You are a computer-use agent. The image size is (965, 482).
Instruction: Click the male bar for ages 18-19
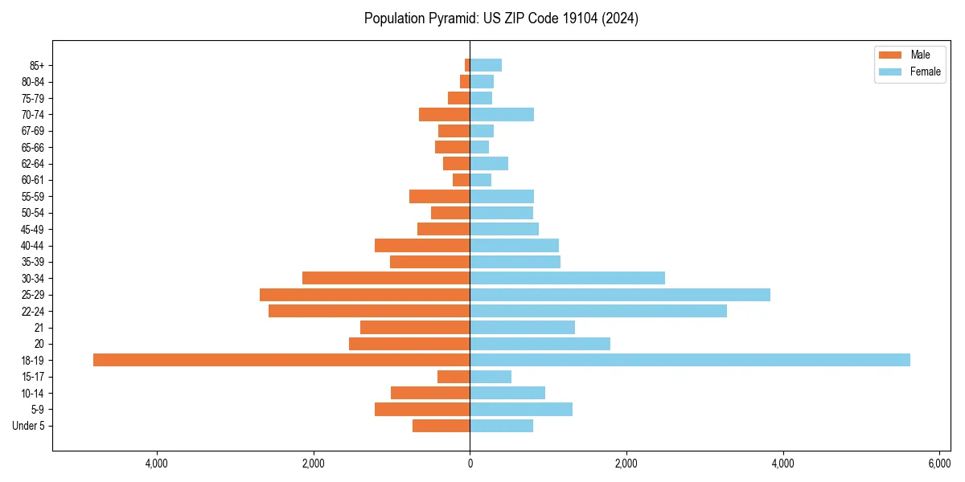click(281, 360)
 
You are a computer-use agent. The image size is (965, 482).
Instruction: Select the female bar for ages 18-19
click(690, 360)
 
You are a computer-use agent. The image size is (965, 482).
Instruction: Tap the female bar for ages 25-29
click(620, 295)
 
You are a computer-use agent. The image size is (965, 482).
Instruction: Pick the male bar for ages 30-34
click(386, 278)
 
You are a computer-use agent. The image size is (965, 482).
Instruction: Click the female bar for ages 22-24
click(598, 311)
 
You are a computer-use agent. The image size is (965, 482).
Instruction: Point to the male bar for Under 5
click(441, 426)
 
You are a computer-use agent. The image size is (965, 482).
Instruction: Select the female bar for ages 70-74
click(502, 114)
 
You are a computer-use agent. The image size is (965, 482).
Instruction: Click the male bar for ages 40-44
click(422, 245)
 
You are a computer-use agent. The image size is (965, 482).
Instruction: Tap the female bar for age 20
click(540, 344)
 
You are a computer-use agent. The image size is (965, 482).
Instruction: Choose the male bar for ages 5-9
click(422, 409)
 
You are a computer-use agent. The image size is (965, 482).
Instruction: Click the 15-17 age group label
click(33, 377)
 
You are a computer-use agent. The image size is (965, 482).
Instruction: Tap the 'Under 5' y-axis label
click(28, 426)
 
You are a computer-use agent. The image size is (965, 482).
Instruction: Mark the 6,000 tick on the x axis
click(939, 464)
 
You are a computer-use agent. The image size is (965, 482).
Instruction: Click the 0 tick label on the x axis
click(470, 464)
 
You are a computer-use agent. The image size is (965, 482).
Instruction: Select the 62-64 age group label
click(33, 163)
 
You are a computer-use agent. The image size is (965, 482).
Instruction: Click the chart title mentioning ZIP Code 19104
click(501, 18)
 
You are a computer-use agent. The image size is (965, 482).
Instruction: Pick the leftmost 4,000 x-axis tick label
click(156, 464)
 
